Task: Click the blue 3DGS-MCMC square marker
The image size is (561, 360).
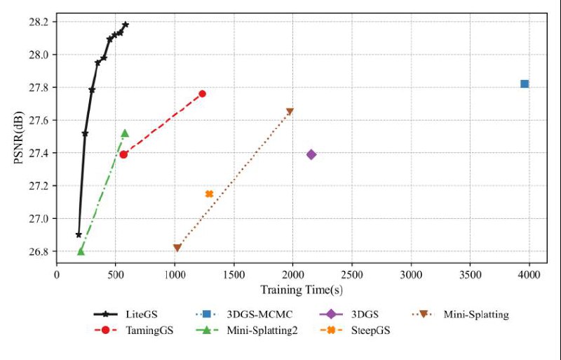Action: (525, 84)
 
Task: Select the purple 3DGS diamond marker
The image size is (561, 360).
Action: (311, 154)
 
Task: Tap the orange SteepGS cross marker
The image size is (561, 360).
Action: (209, 194)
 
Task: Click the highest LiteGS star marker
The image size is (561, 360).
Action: (126, 25)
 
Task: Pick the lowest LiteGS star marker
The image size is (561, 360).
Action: (79, 234)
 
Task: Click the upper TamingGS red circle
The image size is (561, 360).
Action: (203, 93)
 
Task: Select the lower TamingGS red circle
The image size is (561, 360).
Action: (123, 154)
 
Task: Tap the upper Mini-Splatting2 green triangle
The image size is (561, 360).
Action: (125, 133)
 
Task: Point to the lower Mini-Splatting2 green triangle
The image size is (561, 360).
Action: (81, 251)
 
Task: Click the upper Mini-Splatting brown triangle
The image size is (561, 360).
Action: (290, 112)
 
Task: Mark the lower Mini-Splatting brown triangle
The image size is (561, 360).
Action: (177, 248)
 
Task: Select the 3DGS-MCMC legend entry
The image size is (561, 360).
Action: (243, 314)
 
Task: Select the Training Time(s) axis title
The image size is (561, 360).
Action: (301, 289)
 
